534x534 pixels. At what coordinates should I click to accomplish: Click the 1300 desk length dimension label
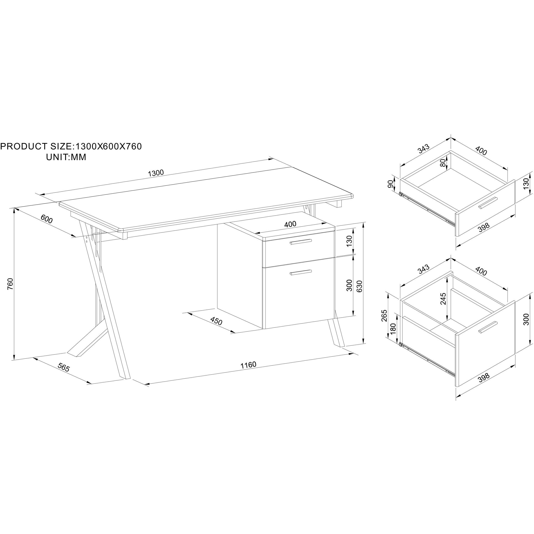[156, 173]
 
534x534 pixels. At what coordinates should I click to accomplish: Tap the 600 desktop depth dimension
[46, 219]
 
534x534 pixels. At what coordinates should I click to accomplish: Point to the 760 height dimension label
[10, 284]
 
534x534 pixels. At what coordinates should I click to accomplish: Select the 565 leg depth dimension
[64, 367]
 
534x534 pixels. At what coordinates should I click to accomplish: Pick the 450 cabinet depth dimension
[216, 321]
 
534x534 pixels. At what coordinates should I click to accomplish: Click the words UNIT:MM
[66, 157]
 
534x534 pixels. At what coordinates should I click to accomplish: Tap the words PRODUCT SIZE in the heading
[36, 146]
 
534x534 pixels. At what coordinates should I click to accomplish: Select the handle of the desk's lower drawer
[301, 272]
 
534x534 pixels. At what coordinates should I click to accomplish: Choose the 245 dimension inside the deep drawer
[443, 298]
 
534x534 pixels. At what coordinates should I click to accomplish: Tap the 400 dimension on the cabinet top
[290, 224]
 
